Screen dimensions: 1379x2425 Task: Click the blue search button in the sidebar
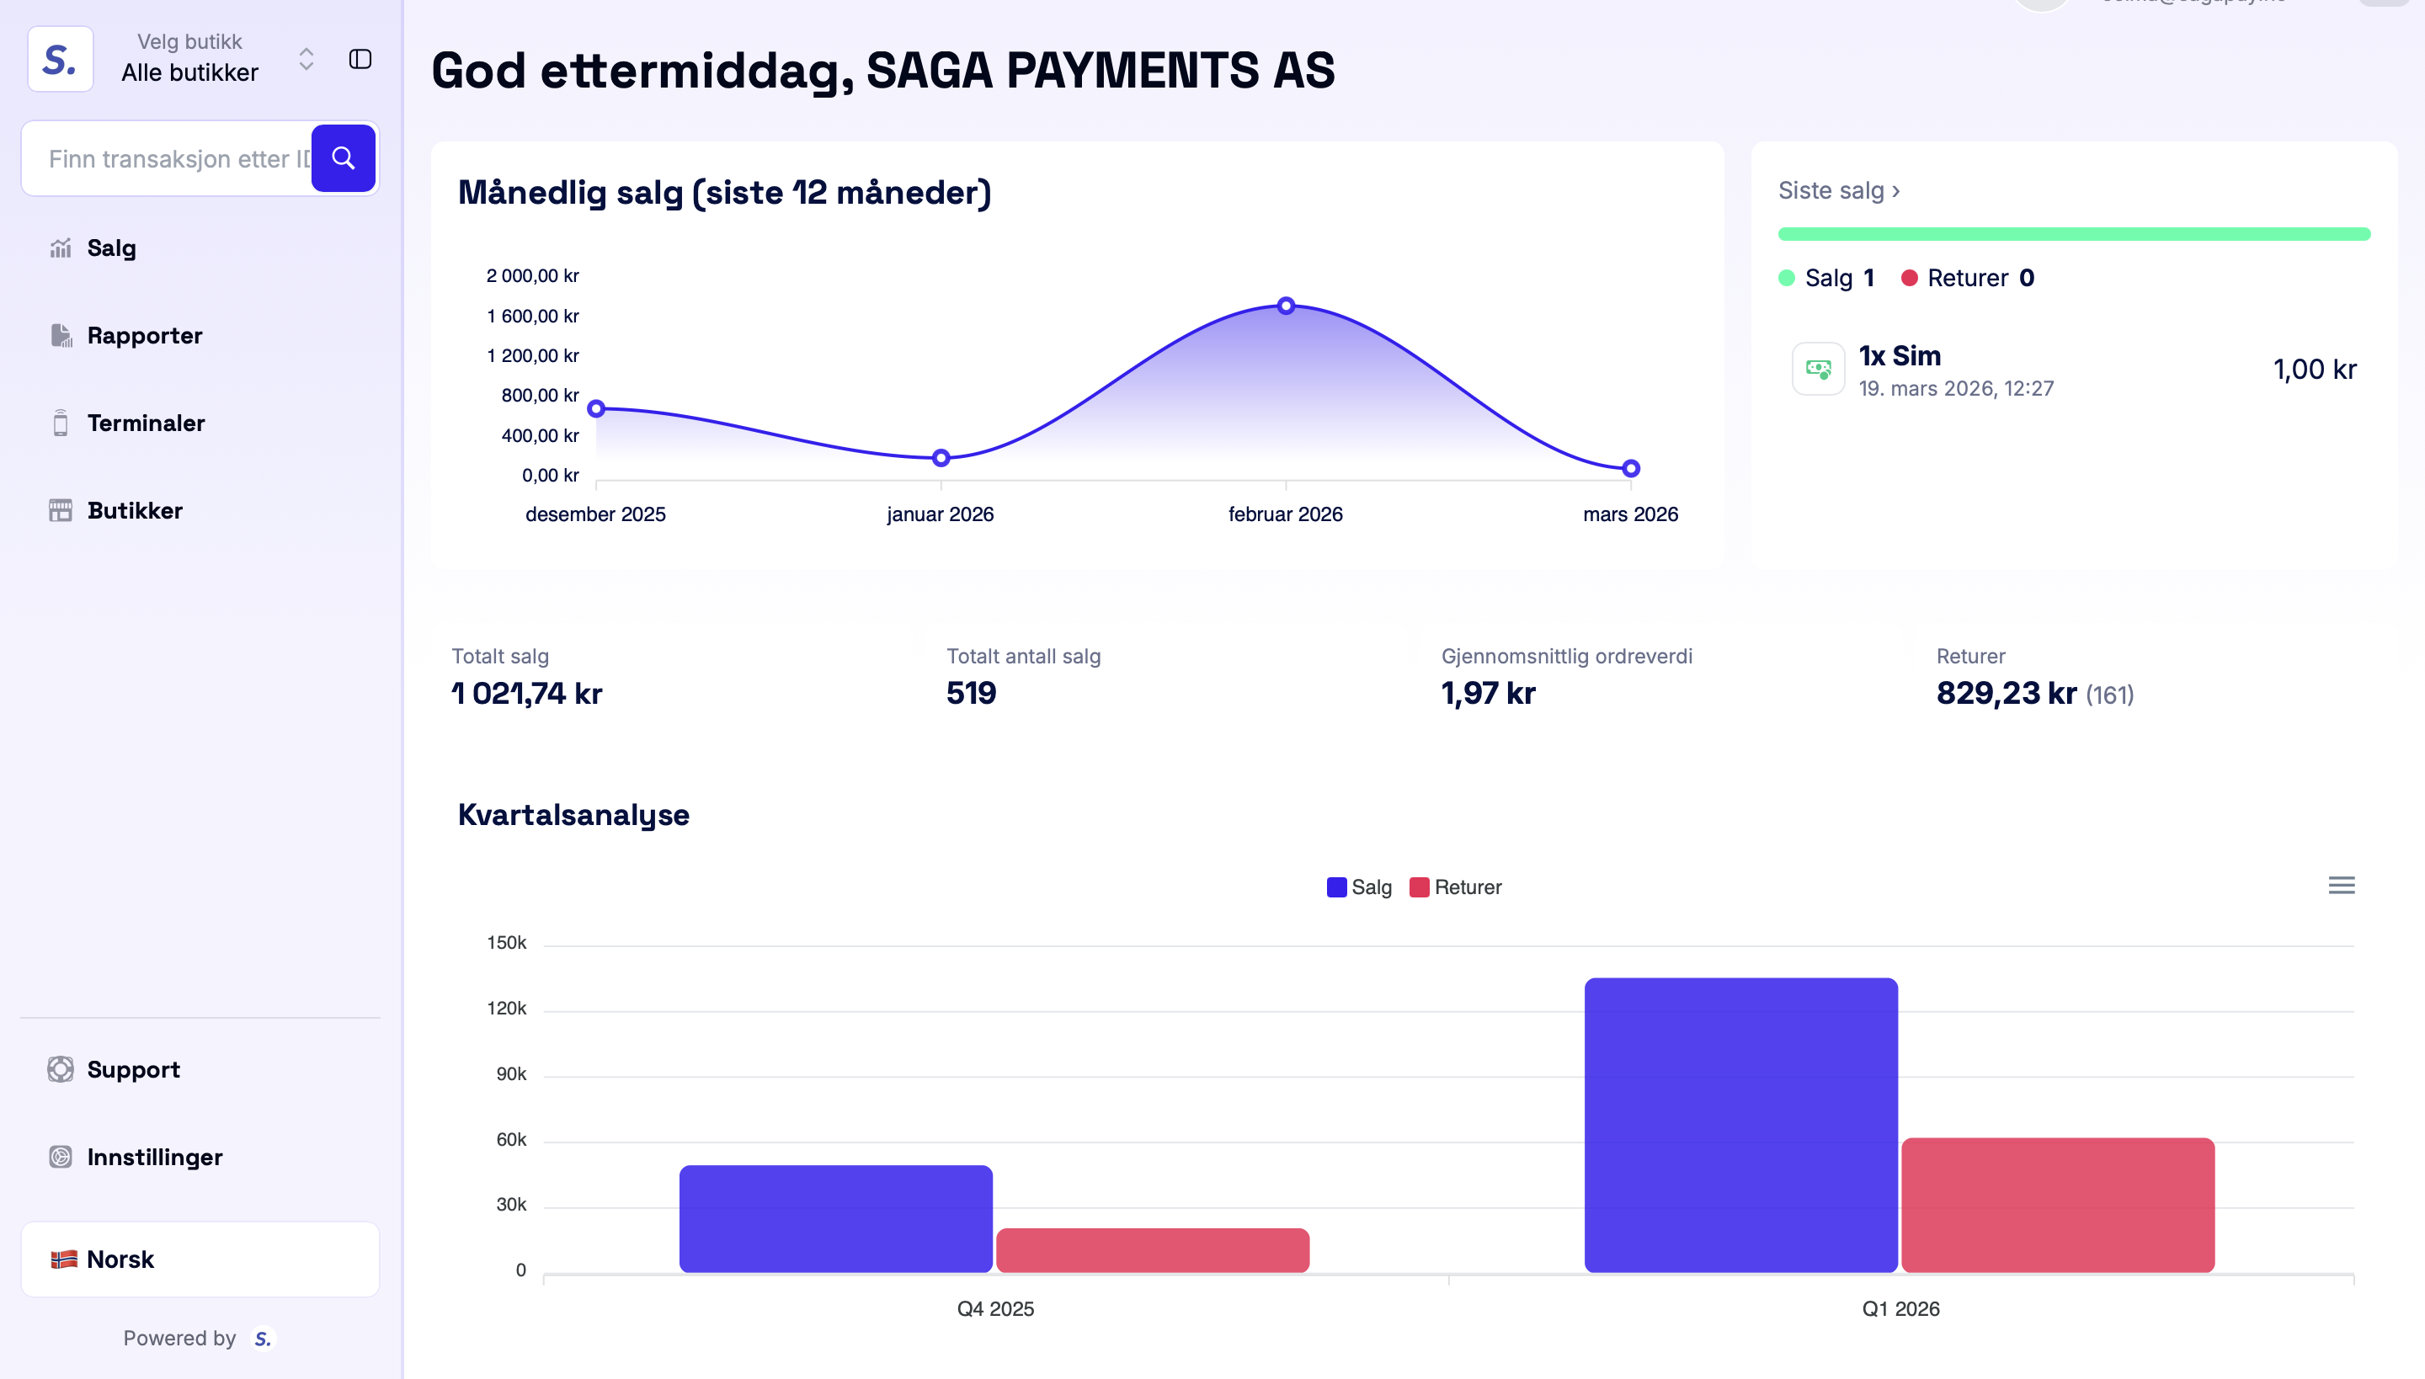coord(343,158)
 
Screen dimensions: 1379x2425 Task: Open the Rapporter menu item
coord(144,335)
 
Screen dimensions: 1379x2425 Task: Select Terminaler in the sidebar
coord(145,423)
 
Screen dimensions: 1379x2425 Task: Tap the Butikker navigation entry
coord(135,510)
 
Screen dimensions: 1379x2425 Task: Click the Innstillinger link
coord(154,1157)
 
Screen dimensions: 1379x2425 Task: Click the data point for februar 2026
coord(1286,306)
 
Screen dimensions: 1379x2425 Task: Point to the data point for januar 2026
coord(941,458)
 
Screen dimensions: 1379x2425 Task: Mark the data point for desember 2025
coord(596,409)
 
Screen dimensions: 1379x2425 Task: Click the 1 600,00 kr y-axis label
coord(532,317)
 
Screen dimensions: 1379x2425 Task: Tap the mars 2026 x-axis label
coord(1629,514)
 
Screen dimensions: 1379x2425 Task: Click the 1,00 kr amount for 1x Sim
coord(2314,370)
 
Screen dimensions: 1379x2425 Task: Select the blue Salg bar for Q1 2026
coord(1740,1124)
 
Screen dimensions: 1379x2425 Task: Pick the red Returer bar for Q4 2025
coord(1152,1249)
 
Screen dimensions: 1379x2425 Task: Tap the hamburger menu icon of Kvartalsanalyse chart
coord(2341,886)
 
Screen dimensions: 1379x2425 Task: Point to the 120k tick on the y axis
coord(507,1009)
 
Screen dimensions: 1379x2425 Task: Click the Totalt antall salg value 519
coord(971,694)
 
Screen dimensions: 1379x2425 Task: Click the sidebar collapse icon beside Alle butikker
coord(360,60)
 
